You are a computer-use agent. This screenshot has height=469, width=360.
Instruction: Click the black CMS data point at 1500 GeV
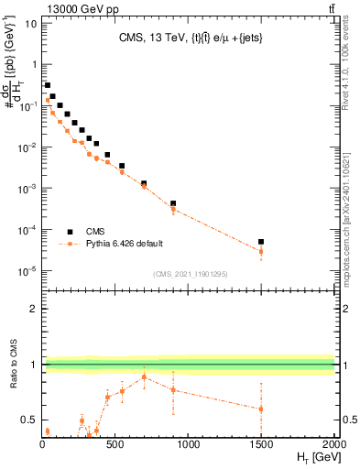pyautogui.click(x=261, y=242)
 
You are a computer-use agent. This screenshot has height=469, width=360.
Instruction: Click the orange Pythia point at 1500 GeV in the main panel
pyautogui.click(x=261, y=251)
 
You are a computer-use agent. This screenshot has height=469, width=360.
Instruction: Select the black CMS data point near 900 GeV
pyautogui.click(x=173, y=203)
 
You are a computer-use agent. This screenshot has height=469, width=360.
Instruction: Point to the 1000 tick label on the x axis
pyautogui.click(x=188, y=444)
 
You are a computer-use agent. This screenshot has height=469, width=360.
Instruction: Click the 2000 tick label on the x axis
pyautogui.click(x=333, y=444)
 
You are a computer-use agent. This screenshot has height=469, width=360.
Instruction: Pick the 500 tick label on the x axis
pyautogui.click(x=115, y=444)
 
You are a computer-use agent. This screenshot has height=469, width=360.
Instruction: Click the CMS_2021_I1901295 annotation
pyautogui.click(x=189, y=273)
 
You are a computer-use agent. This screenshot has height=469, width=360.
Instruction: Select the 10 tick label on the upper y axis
pyautogui.click(x=31, y=23)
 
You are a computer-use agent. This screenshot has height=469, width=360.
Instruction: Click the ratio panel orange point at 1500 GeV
pyautogui.click(x=261, y=409)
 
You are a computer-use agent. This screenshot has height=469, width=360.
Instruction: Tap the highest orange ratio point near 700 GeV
pyautogui.click(x=144, y=377)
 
